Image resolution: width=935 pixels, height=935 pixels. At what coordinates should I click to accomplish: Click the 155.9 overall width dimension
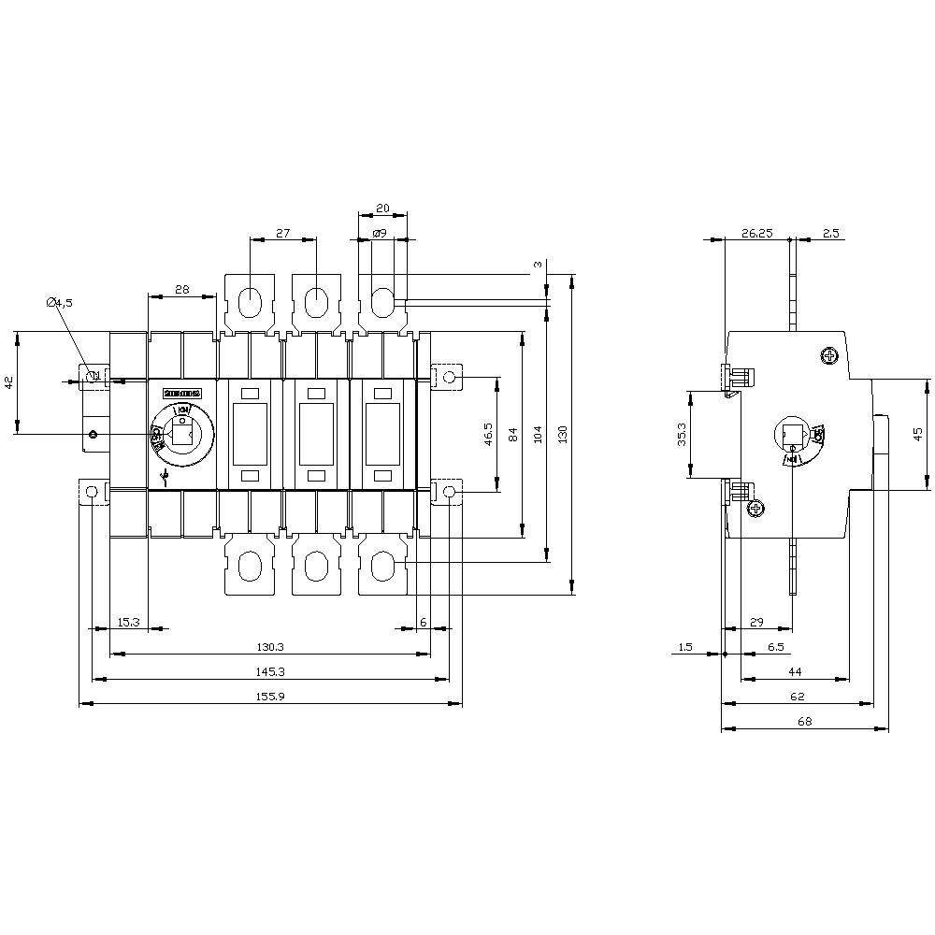(x=269, y=697)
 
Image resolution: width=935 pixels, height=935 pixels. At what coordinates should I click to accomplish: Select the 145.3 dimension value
(x=269, y=672)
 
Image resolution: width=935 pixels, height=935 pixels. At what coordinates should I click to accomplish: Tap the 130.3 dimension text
(x=269, y=647)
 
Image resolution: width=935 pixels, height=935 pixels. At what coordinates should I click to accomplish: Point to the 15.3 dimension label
(x=128, y=622)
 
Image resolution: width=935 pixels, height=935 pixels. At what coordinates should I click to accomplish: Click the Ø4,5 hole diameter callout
(x=60, y=302)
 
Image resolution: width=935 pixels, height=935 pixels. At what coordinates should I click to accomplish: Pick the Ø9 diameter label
(x=380, y=233)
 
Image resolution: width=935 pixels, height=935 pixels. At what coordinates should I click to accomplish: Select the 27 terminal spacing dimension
(x=284, y=233)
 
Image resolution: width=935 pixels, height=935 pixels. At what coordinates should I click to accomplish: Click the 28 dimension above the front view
(x=181, y=290)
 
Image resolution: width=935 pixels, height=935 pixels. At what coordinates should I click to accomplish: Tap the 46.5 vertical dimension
(x=487, y=435)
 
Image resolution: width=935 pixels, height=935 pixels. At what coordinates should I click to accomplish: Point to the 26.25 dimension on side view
(x=757, y=233)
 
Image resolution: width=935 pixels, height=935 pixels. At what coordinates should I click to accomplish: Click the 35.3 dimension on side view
(x=682, y=436)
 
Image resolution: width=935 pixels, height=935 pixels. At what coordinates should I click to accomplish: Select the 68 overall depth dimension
(x=805, y=721)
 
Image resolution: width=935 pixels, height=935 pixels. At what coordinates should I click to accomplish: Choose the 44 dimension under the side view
(x=796, y=672)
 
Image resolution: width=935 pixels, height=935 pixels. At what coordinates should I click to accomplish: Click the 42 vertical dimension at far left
(x=7, y=381)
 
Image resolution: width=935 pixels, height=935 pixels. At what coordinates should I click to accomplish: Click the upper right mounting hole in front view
(x=449, y=378)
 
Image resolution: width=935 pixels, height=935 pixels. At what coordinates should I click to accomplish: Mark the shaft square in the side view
(x=793, y=435)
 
